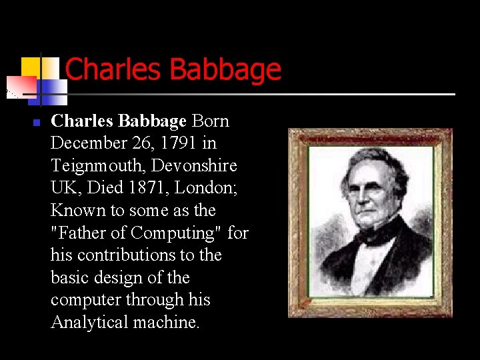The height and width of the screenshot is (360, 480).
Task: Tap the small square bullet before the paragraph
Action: click(x=37, y=123)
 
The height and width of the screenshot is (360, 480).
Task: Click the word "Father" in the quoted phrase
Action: click(x=79, y=233)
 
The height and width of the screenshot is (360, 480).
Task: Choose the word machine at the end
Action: click(x=171, y=323)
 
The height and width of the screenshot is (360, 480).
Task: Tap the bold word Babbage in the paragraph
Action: click(x=155, y=121)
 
